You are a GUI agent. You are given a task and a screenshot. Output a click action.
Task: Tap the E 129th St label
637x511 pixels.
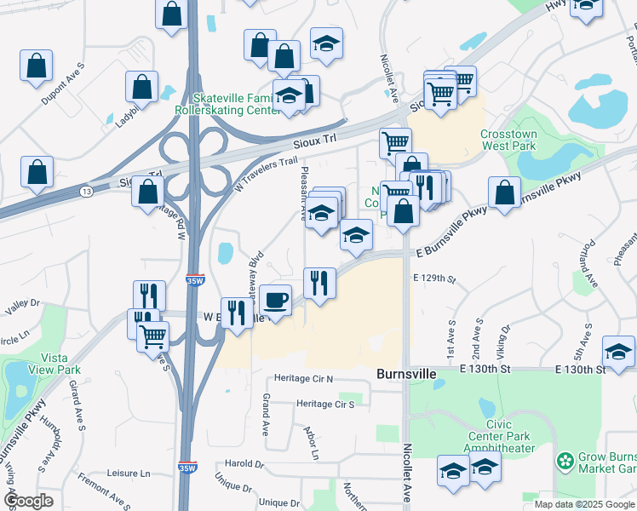click(434, 278)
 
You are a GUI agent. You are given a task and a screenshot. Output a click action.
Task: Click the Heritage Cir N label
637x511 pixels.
click(304, 378)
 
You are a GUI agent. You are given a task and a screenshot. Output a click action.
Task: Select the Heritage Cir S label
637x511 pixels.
click(325, 404)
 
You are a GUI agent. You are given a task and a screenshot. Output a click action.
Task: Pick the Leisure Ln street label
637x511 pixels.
click(128, 473)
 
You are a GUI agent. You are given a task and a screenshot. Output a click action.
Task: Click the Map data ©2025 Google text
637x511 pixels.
click(584, 504)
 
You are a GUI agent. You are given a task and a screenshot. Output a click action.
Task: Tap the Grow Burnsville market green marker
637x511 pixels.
click(563, 462)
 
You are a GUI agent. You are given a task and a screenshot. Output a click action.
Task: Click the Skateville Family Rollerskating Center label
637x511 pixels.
click(227, 104)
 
